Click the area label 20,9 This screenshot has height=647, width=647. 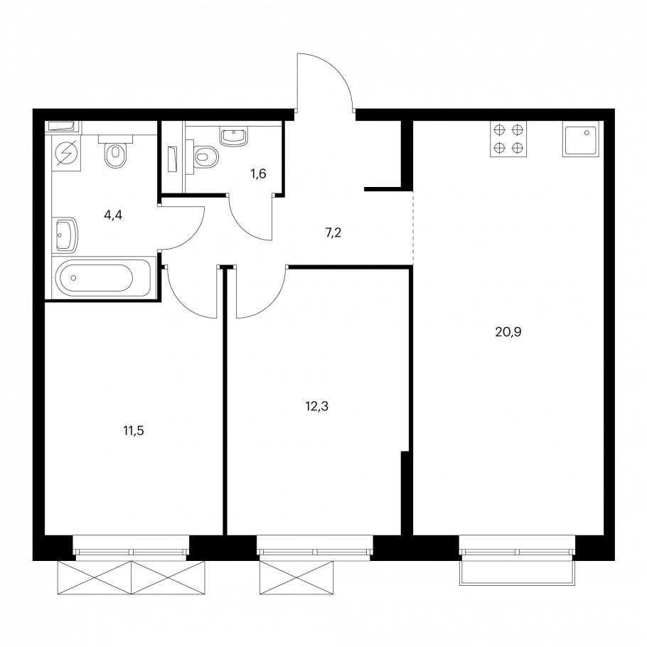508,332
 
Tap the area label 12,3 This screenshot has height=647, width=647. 316,407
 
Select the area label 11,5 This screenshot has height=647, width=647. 134,431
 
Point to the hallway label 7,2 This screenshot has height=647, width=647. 333,233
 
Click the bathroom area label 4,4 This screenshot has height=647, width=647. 113,215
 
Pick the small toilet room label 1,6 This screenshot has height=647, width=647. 258,174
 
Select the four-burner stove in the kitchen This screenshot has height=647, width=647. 508,139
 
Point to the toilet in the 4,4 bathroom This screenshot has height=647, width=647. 115,151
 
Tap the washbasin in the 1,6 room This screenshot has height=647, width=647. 234,137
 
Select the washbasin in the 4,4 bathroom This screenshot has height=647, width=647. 66,235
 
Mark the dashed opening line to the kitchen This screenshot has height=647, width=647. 413,228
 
